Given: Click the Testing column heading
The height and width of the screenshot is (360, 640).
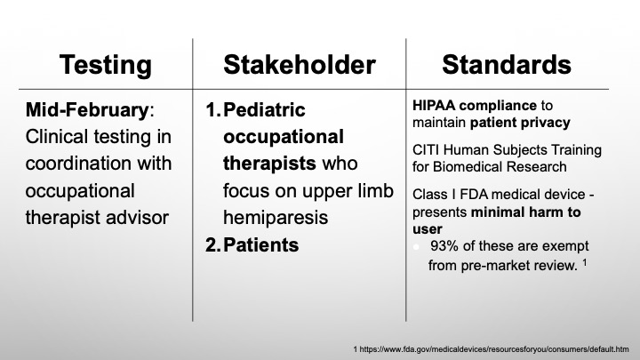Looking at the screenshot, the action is (x=105, y=66).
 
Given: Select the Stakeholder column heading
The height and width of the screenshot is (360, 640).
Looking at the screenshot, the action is (x=300, y=65).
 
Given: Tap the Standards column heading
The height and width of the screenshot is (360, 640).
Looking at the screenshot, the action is (x=507, y=65).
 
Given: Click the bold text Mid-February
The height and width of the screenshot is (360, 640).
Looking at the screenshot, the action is (x=87, y=110).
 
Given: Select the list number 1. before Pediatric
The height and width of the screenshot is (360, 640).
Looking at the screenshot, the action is (x=213, y=110).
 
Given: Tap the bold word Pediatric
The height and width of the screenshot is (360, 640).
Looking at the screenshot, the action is (x=264, y=110).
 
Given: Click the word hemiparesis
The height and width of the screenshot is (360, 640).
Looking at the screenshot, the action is (x=276, y=218).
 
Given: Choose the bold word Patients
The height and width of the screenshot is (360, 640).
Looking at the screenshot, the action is (x=260, y=245).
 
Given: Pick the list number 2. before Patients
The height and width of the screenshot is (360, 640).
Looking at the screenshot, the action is (x=212, y=245).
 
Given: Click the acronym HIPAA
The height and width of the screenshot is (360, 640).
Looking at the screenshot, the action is (x=434, y=105).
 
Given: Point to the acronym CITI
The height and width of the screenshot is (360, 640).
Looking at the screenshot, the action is (x=425, y=150).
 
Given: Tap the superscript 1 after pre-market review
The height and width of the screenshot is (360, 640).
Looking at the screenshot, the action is (x=585, y=262).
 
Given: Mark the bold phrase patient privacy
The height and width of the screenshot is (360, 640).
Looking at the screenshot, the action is (x=520, y=123).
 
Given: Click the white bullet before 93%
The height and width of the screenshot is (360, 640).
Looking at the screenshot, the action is (x=416, y=247).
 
